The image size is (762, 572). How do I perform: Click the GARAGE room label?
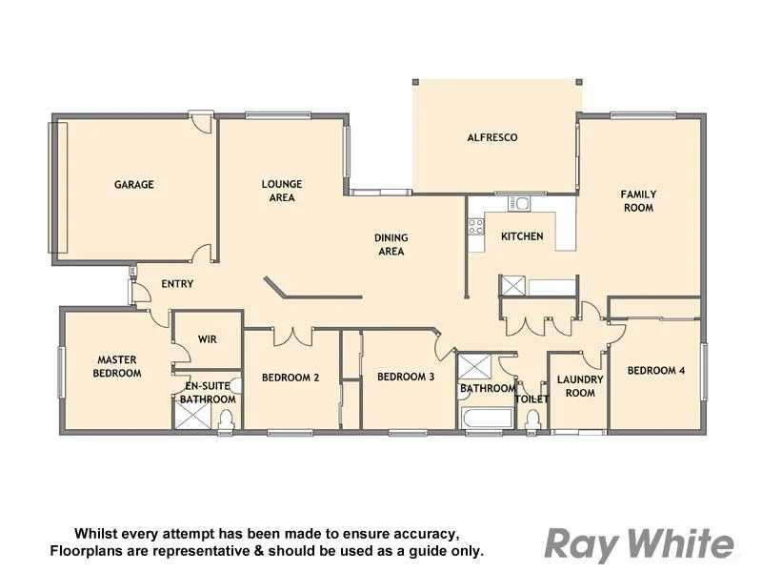coord(134,185)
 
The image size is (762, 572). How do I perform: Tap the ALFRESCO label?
coord(492,137)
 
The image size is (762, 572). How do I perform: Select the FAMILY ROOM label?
coord(638,200)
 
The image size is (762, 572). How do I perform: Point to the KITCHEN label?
coord(522,236)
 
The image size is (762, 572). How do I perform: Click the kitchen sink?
coord(519,202)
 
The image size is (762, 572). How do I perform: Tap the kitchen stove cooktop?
coord(475,226)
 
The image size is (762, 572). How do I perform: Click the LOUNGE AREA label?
coord(282,191)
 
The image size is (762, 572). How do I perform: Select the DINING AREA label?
coord(391,245)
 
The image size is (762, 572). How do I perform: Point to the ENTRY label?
coord(177,284)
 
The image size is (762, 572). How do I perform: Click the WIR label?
coord(208,339)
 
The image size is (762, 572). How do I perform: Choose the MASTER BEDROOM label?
coord(117,366)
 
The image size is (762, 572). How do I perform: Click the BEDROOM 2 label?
coord(291,378)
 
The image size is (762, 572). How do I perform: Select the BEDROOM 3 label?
coord(406,377)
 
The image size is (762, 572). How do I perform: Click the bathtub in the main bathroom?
coord(480,419)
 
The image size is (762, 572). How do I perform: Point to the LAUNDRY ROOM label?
coord(580,386)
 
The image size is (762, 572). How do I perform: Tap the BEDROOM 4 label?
coord(655,371)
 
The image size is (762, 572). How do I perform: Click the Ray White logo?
coord(639,544)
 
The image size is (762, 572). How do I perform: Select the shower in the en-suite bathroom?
coord(191,417)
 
